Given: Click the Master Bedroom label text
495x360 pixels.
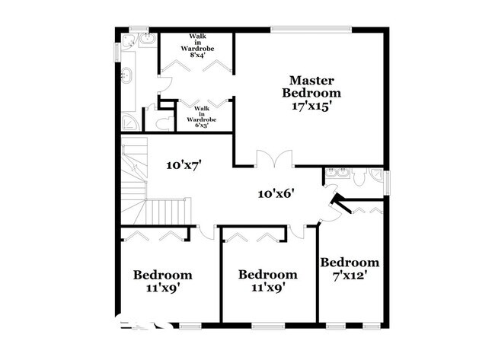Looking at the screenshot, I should (x=311, y=86).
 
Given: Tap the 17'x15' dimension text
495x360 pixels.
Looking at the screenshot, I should (x=311, y=107).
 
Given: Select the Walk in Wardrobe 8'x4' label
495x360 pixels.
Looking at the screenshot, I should (x=196, y=46).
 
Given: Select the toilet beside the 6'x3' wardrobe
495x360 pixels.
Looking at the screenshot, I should (x=161, y=122).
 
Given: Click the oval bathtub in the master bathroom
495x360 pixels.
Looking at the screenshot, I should (x=127, y=76).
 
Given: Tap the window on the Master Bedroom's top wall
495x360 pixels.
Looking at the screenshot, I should (x=311, y=30).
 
